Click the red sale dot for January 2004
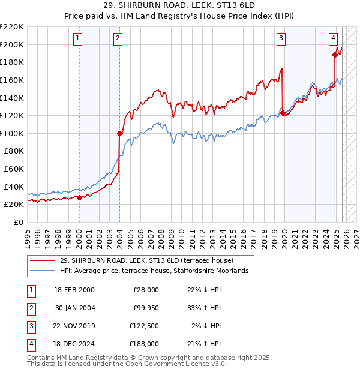click(x=119, y=133)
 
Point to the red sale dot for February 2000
click(x=79, y=197)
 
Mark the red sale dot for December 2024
click(x=335, y=55)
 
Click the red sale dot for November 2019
click(x=283, y=113)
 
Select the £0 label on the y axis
click(x=19, y=222)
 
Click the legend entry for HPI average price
click(x=155, y=271)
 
